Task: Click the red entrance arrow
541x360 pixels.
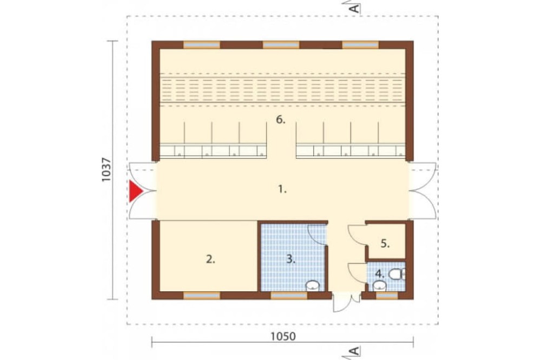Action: click(135, 191)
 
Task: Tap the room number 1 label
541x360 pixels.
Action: click(282, 189)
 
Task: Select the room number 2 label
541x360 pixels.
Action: click(210, 259)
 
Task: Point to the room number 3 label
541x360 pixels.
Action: click(291, 259)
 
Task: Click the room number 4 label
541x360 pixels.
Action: click(380, 274)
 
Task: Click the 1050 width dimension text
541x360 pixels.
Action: click(283, 336)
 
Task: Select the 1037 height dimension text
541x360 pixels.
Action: click(106, 170)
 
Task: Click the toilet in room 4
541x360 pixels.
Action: click(397, 274)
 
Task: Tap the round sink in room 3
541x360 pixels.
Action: click(313, 285)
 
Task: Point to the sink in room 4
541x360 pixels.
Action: click(380, 286)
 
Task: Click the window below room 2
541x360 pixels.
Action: click(201, 296)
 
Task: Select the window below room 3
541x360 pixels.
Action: click(289, 296)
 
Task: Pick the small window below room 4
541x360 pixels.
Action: click(387, 296)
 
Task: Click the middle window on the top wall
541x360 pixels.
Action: click(281, 45)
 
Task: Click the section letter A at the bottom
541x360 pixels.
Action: click(354, 351)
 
